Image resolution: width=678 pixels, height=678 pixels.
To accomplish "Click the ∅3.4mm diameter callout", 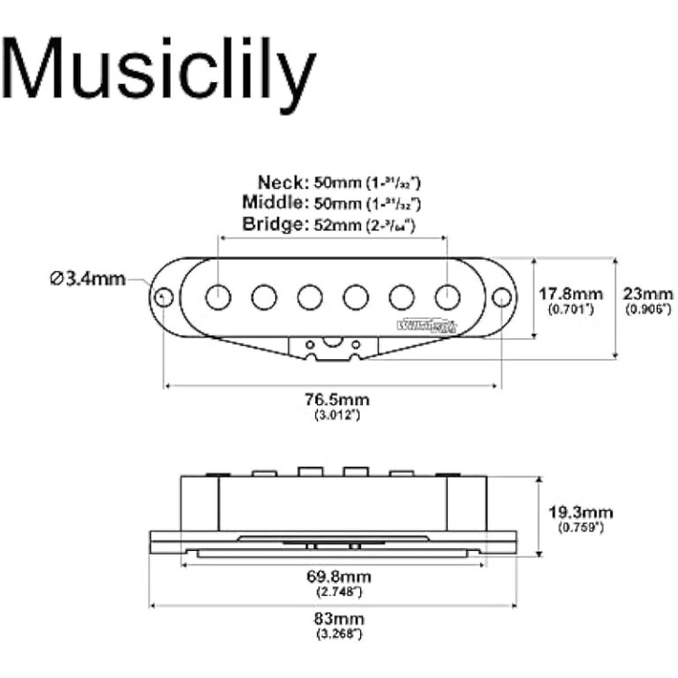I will pyautogui.click(x=87, y=280).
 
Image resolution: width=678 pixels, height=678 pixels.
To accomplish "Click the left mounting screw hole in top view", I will pyautogui.click(x=164, y=298).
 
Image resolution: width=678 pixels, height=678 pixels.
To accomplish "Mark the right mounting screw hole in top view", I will pyautogui.click(x=501, y=298).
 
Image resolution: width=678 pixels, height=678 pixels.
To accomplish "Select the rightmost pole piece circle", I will pyautogui.click(x=448, y=298).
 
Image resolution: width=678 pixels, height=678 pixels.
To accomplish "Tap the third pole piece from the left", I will pyautogui.click(x=310, y=298).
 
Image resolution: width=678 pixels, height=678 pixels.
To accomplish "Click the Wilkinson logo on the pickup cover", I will pyautogui.click(x=428, y=325).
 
